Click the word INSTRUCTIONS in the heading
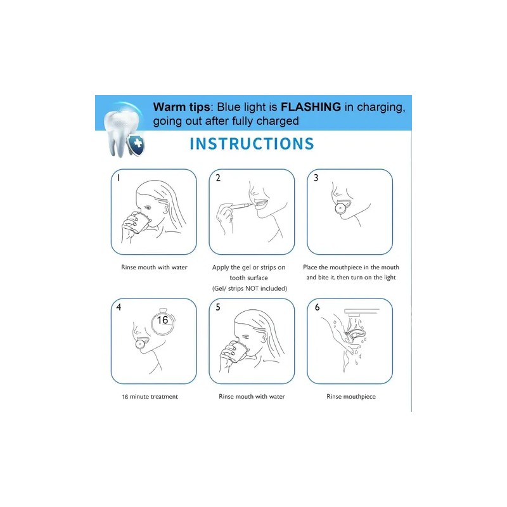coord(252,144)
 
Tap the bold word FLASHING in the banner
coord(311,106)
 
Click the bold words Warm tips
coord(181,107)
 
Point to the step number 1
coord(119,178)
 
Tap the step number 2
coord(218,178)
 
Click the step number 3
coord(316,178)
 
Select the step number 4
coord(119,307)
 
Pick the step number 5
coord(218,307)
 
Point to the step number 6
coord(317,307)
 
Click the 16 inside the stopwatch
coord(162,320)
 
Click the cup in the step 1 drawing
coord(141,222)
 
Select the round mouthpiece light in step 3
coord(340,209)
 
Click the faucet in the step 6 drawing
coord(361,312)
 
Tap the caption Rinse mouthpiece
coord(351,397)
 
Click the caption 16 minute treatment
coord(150,397)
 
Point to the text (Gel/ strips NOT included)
coord(250,288)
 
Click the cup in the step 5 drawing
coord(239,352)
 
